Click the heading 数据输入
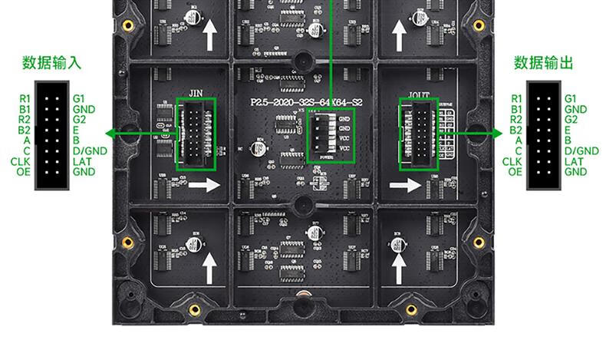pyautogui.click(x=52, y=63)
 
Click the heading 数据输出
pyautogui.click(x=543, y=63)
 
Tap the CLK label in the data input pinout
pyautogui.click(x=21, y=161)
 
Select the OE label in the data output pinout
pyautogui.click(x=515, y=172)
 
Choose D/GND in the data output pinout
pyautogui.click(x=581, y=151)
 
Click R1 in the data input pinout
pyautogui.click(x=25, y=99)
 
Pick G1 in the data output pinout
pyautogui.click(x=570, y=99)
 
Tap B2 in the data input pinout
pyautogui.click(x=25, y=130)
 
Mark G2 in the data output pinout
pyautogui.click(x=570, y=120)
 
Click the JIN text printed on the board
pyautogui.click(x=195, y=92)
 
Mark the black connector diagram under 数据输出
pyautogui.click(x=543, y=135)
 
